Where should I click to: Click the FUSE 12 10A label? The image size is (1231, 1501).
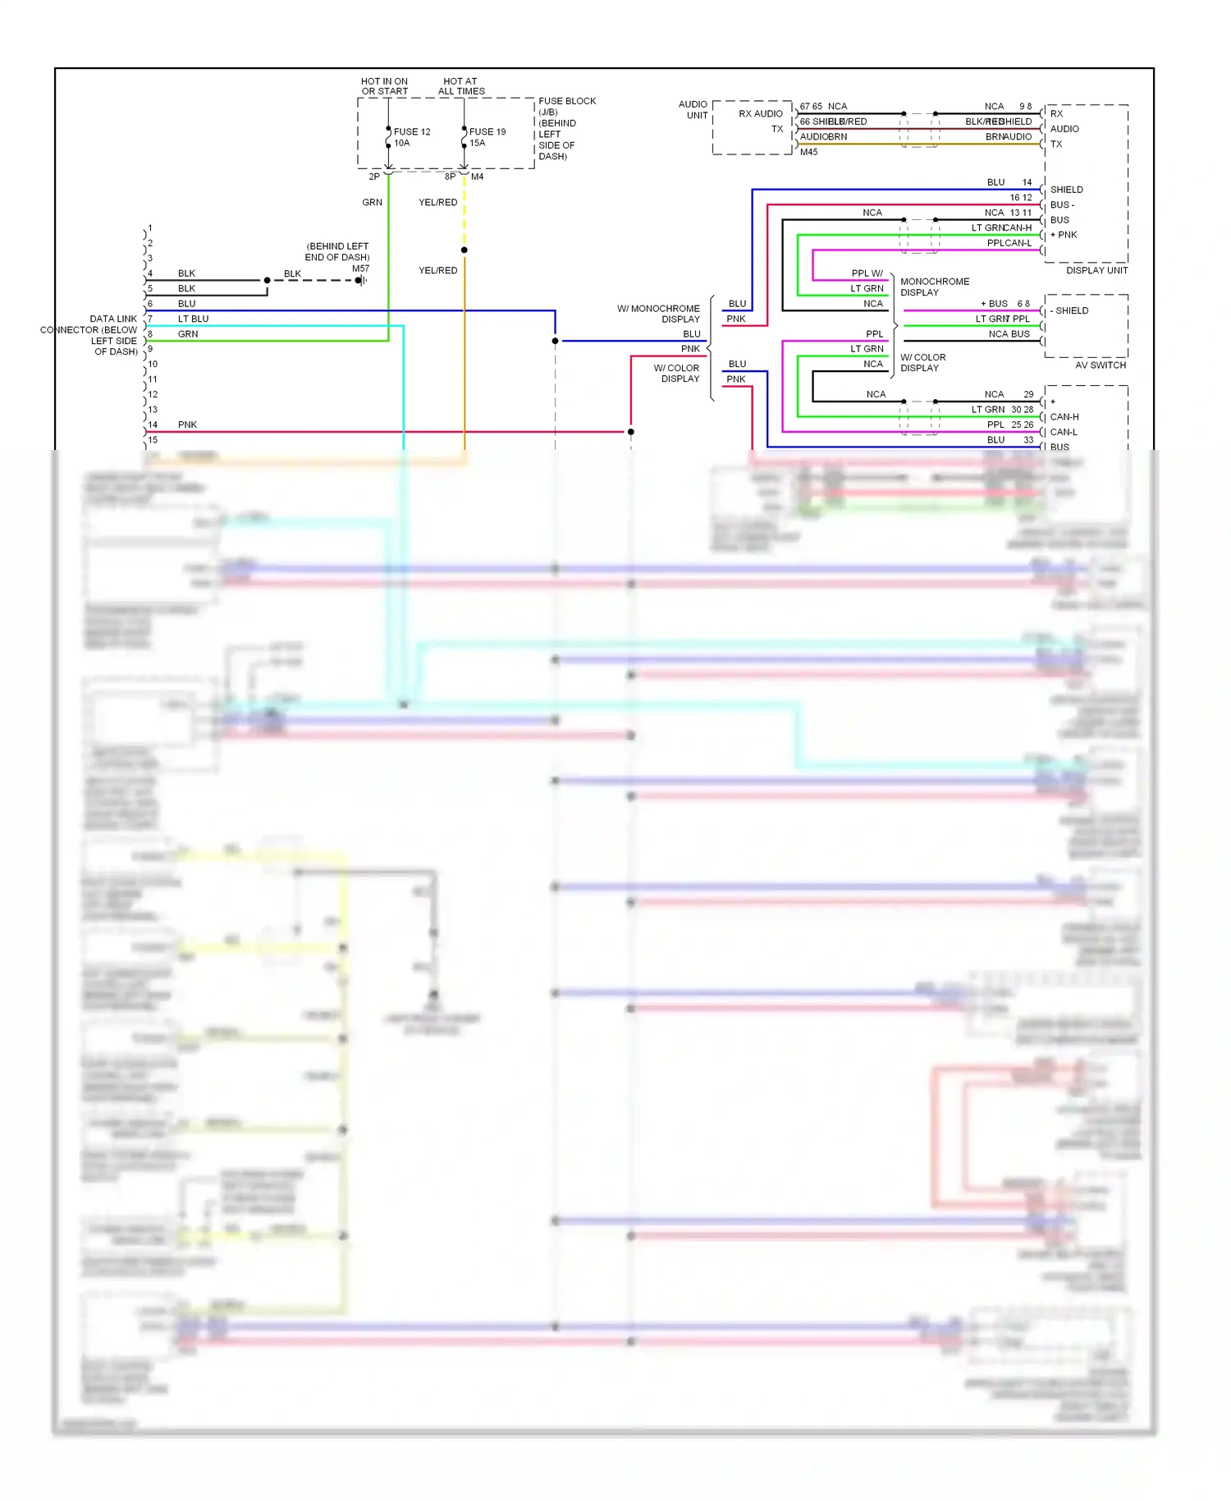[x=411, y=137]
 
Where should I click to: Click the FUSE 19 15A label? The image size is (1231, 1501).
[x=487, y=137]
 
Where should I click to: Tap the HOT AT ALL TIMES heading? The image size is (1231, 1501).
[x=460, y=86]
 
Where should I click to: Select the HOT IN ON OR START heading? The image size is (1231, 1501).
[x=384, y=86]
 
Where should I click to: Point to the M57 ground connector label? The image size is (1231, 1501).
[x=360, y=269]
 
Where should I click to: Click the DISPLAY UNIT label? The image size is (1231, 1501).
[x=1096, y=270]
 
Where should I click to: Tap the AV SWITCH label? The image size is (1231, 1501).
[x=1100, y=365]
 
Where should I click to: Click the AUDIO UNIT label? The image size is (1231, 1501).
[x=693, y=109]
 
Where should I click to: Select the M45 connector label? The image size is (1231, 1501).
[x=808, y=152]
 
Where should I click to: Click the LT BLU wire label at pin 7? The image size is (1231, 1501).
[x=193, y=319]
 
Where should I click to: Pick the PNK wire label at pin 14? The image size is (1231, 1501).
[x=187, y=425]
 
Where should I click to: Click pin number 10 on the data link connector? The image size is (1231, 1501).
[x=153, y=364]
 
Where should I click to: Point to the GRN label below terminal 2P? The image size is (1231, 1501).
[x=372, y=202]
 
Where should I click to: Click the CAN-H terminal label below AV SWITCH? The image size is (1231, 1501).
[x=1064, y=416]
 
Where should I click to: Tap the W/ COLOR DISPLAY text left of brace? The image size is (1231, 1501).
[x=678, y=373]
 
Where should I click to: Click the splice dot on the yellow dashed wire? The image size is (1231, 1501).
[x=464, y=250]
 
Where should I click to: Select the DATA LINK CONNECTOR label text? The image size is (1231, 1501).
[x=90, y=335]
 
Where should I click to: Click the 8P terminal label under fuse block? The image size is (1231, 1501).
[x=450, y=177]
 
